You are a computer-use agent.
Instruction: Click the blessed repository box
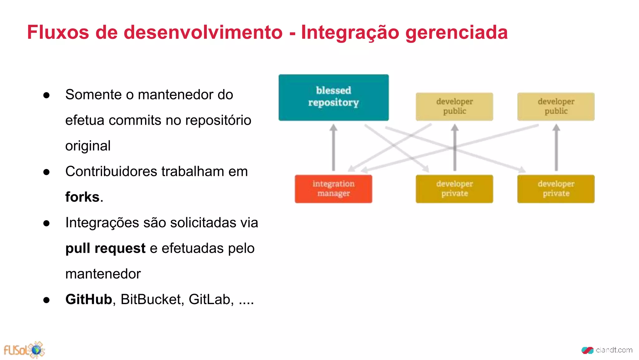coord(333,97)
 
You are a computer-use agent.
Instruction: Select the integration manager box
coord(333,189)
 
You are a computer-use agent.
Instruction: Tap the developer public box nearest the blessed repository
coord(454,107)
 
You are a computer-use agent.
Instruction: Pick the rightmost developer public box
coord(556,107)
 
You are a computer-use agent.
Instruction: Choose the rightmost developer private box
coord(556,189)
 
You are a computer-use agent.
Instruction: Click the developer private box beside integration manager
coord(454,189)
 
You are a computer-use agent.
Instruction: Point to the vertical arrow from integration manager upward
coord(333,147)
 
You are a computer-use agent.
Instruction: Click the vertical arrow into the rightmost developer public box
coord(556,147)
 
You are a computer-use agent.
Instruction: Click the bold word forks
coord(82,197)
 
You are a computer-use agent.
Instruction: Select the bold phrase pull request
coord(105,248)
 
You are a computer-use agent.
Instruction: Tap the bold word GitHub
coord(89,299)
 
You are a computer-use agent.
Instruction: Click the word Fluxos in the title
coord(58,32)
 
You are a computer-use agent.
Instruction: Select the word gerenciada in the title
coord(456,33)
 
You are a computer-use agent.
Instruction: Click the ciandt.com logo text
coord(613,350)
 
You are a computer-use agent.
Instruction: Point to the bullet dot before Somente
coord(46,95)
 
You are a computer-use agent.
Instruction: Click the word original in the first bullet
coord(88,146)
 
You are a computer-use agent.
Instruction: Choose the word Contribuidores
coord(111,172)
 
